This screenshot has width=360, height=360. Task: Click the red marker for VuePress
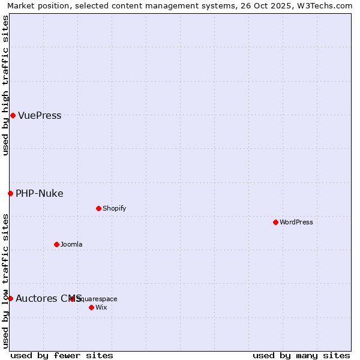click(13, 115)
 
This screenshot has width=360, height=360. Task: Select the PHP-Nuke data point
click(10, 193)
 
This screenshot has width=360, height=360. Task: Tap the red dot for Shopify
click(98, 208)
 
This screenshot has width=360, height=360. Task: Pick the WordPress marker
click(275, 222)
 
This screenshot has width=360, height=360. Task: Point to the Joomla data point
click(56, 244)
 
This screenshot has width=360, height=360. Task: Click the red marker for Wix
click(91, 307)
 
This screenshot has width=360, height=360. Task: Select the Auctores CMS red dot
click(10, 298)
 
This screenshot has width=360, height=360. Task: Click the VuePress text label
click(40, 116)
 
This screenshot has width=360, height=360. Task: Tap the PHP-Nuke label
click(39, 193)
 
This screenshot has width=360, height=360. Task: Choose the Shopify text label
click(114, 208)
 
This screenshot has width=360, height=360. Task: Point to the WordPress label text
click(296, 222)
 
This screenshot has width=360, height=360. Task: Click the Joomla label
click(71, 244)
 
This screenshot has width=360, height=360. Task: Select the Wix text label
click(101, 307)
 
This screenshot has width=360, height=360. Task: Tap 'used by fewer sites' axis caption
click(62, 355)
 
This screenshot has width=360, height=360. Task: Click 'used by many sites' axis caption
click(301, 355)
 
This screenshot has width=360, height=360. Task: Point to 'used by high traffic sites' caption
click(5, 85)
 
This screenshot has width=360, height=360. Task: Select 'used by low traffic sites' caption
click(5, 281)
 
